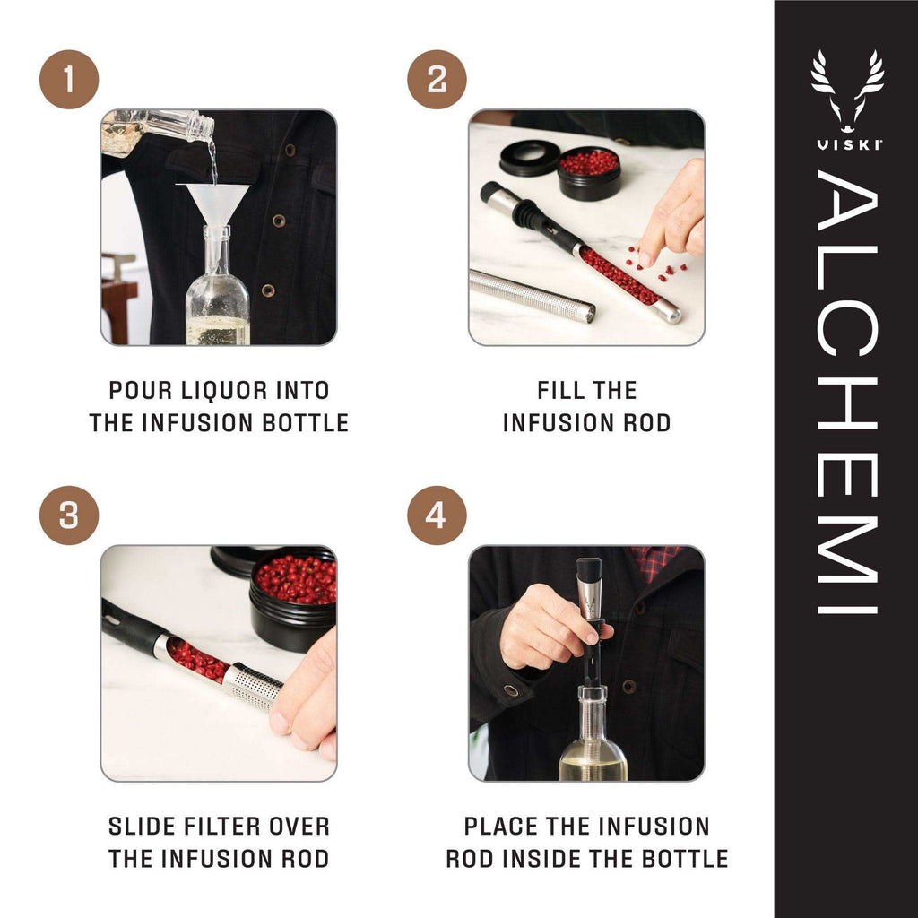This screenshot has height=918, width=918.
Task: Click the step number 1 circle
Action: pos(69,80)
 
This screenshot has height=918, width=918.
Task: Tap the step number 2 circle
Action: pos(437,80)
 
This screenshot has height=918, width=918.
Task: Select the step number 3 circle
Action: pos(69,515)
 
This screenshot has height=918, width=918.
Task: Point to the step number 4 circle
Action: pos(437,515)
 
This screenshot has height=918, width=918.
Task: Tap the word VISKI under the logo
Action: pos(847,145)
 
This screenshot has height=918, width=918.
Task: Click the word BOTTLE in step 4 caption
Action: pos(686,859)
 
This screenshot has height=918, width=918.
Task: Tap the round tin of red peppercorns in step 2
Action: pos(589,173)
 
